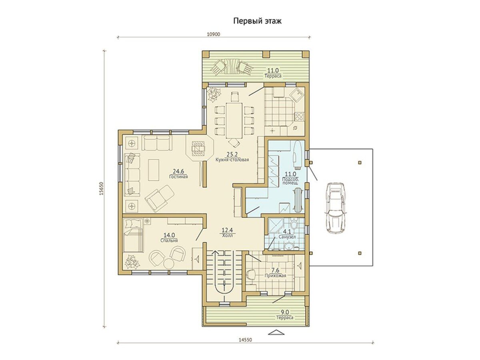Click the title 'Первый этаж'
click(x=257, y=21)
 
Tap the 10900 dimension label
click(x=213, y=34)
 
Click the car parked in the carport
click(x=334, y=208)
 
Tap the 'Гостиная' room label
click(x=178, y=176)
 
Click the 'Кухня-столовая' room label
click(x=232, y=160)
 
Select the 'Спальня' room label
click(x=169, y=240)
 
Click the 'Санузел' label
click(x=287, y=237)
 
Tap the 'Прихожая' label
click(x=275, y=276)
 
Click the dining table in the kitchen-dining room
click(x=234, y=120)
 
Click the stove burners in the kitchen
click(x=299, y=116)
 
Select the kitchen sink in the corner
click(x=296, y=95)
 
